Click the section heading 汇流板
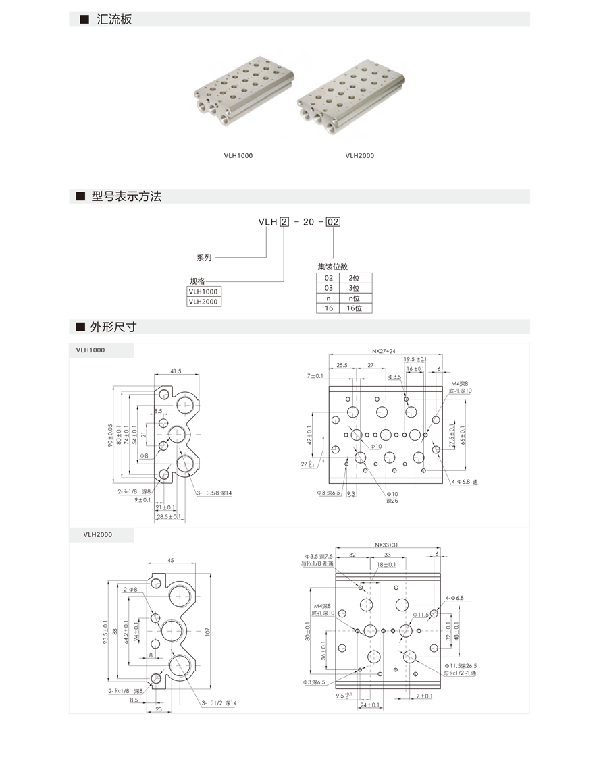(x=114, y=20)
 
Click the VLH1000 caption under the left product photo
(x=238, y=156)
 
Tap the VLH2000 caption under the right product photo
(x=359, y=156)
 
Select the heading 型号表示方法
(x=126, y=197)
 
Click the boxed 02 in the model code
(x=333, y=221)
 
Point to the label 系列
(x=204, y=258)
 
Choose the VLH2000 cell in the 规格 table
(x=203, y=302)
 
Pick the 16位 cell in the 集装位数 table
(x=355, y=308)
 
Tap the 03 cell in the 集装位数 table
(x=329, y=288)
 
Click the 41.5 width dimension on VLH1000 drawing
(x=176, y=371)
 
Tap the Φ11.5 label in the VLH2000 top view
(x=421, y=615)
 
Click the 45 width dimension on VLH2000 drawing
(x=170, y=560)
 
